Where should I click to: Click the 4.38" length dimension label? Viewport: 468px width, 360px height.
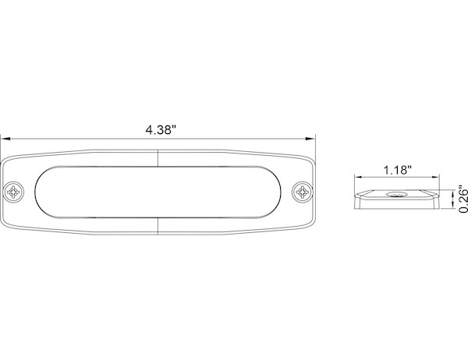(x=161, y=130)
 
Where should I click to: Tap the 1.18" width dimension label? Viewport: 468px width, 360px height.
(x=397, y=171)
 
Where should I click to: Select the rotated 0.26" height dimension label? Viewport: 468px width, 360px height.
(x=463, y=199)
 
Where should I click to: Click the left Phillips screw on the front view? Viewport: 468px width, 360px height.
(x=14, y=191)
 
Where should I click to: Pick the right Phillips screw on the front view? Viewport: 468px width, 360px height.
(x=302, y=192)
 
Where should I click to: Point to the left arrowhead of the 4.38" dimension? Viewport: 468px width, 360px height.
(x=6, y=139)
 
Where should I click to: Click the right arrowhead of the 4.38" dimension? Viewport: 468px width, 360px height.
(x=310, y=139)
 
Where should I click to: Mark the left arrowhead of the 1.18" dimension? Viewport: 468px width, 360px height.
(x=358, y=177)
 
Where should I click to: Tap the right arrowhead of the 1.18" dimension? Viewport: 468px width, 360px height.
(x=435, y=177)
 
